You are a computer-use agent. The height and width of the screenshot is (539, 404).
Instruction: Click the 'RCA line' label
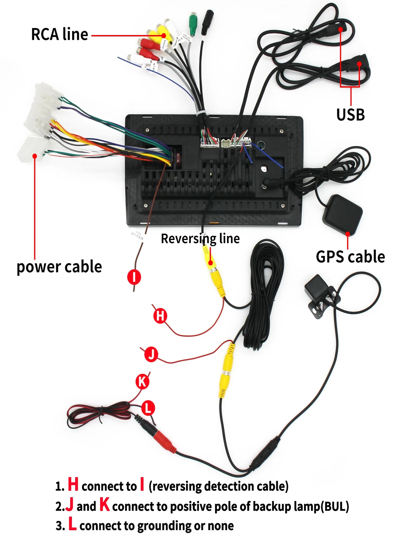click(x=60, y=34)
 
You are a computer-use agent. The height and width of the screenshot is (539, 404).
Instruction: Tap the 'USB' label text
click(x=350, y=115)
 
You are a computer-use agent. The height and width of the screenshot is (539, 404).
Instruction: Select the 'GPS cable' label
click(x=350, y=257)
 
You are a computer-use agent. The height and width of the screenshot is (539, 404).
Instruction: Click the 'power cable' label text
click(x=59, y=267)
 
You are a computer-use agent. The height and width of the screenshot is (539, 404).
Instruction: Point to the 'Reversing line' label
click(x=200, y=239)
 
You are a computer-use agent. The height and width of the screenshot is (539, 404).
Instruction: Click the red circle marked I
click(x=134, y=277)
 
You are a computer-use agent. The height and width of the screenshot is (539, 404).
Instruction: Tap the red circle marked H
click(x=160, y=316)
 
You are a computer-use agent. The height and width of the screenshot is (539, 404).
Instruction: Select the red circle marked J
click(x=151, y=354)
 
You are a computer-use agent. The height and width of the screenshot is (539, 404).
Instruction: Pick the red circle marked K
click(x=142, y=382)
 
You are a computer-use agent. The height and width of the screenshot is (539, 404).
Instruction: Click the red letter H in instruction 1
click(x=73, y=484)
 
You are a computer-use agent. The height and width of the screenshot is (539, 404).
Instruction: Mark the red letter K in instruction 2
click(x=105, y=504)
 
